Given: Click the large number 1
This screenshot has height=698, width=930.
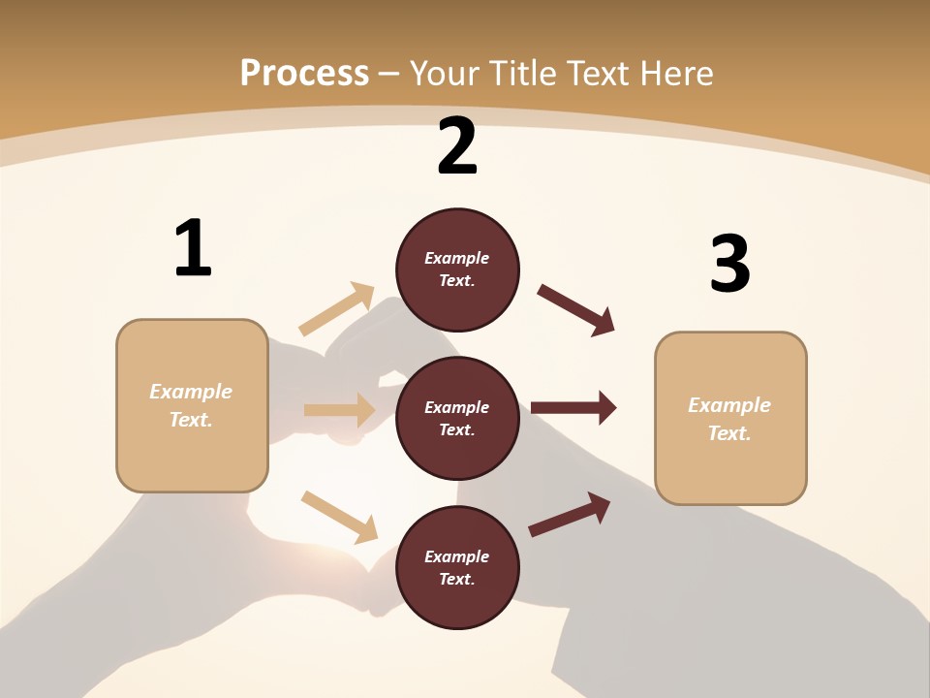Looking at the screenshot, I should click(x=193, y=248).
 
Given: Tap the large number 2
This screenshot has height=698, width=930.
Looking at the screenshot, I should click(x=457, y=146).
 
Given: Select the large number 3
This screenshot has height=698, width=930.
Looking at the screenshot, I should click(x=729, y=264).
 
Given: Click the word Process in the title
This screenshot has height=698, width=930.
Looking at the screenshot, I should click(x=304, y=73).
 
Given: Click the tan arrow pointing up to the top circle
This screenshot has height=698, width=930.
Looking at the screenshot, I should click(x=337, y=309).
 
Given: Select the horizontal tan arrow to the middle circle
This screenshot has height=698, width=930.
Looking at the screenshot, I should click(x=339, y=410).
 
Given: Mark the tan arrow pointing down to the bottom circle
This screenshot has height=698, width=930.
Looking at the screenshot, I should click(x=339, y=517).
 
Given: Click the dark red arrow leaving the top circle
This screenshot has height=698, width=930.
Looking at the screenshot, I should click(x=576, y=310).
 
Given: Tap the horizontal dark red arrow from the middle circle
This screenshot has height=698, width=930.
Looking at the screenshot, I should click(x=573, y=408).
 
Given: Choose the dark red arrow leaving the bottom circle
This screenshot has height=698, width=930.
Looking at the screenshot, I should click(x=570, y=514).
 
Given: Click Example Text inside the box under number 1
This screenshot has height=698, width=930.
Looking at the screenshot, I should click(x=192, y=405).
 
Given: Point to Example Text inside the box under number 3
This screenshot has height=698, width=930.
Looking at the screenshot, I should click(x=729, y=419).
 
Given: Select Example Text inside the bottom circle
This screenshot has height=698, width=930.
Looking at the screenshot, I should click(x=457, y=567).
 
